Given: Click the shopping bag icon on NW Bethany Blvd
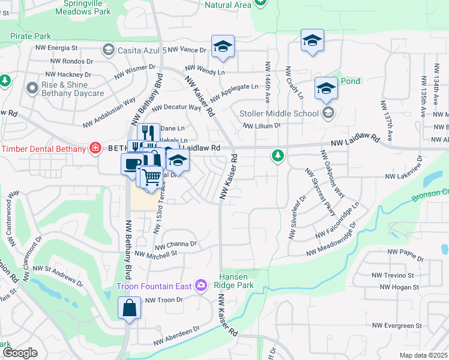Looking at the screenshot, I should (130, 308).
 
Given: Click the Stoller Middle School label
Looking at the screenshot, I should (279, 113).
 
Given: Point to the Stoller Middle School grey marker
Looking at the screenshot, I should (328, 112).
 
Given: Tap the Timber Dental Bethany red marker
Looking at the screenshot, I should (94, 148).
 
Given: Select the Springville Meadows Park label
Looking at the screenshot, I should (91, 7).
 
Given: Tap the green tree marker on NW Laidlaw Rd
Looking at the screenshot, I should (277, 156).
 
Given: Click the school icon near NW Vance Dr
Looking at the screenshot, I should (223, 47).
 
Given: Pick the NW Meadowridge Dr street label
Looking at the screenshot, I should (331, 239).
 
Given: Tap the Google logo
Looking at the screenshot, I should (20, 353).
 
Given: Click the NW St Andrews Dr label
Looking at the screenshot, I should (58, 275).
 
